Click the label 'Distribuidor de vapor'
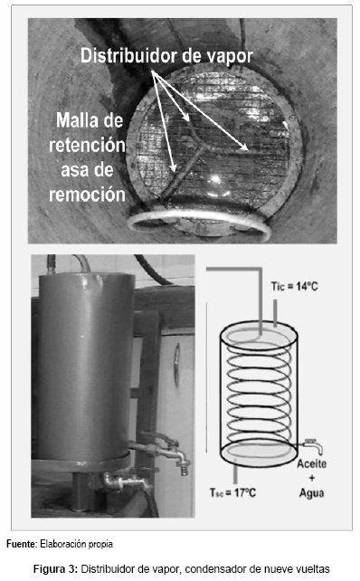(166, 56)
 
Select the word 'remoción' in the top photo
(87, 195)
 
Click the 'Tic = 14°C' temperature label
(295, 286)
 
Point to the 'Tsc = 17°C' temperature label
(232, 492)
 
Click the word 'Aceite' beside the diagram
(311, 463)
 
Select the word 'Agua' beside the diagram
(311, 493)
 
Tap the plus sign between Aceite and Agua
(311, 478)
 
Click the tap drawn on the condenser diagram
(313, 445)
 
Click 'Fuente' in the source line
(22, 544)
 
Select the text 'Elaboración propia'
(76, 544)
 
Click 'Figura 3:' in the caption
(55, 568)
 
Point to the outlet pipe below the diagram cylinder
(235, 475)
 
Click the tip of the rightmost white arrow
(248, 150)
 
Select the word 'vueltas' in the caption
(315, 568)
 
